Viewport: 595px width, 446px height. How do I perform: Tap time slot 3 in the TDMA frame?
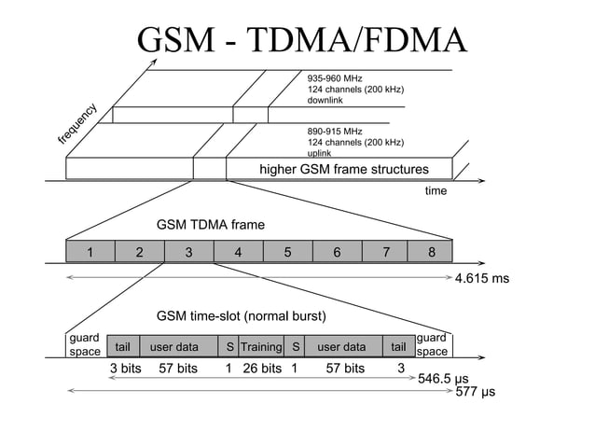(188, 252)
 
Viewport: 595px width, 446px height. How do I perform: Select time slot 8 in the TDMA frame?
(431, 252)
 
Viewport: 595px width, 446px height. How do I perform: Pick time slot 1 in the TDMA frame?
(90, 252)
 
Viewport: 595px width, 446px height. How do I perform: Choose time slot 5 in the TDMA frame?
(288, 252)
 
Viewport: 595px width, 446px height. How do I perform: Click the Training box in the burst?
(261, 347)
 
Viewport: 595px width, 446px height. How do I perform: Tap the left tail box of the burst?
(122, 347)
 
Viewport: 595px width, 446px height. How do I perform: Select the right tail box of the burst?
(399, 347)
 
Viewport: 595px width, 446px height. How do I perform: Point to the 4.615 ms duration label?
(481, 278)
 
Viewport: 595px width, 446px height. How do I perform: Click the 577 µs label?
(476, 393)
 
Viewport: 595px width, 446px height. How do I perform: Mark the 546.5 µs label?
(442, 380)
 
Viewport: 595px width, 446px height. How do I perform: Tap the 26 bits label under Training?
(262, 369)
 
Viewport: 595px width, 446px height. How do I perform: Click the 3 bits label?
(125, 369)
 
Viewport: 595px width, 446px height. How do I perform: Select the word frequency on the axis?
(78, 123)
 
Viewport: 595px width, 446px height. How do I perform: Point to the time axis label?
(436, 191)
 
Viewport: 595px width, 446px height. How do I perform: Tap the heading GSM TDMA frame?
(211, 225)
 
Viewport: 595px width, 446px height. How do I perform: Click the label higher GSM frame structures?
(343, 169)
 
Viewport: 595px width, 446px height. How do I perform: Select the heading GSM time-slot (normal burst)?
(246, 316)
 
